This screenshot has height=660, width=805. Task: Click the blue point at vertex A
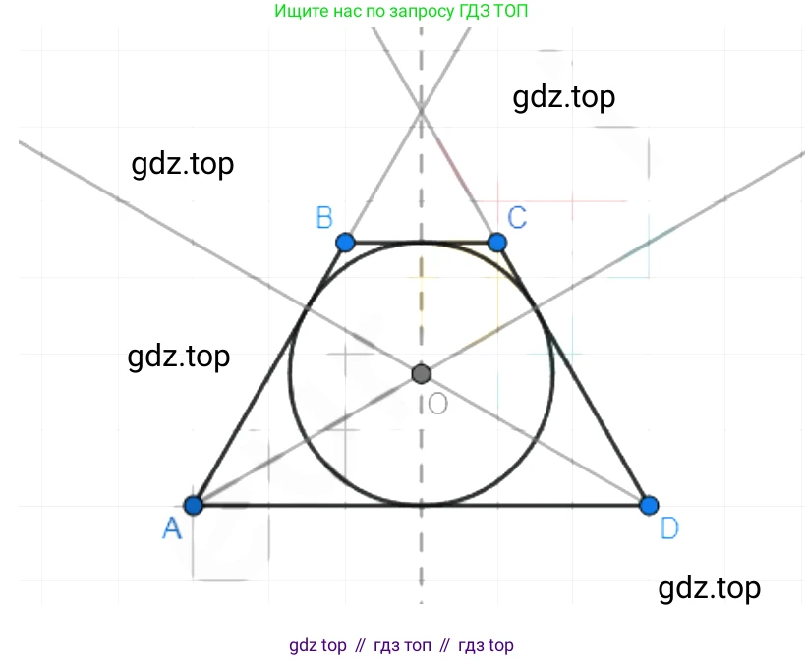click(x=194, y=505)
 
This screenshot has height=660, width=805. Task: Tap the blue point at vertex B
click(x=346, y=242)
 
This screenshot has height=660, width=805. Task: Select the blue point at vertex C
click(x=497, y=242)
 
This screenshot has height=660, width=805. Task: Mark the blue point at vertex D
click(x=649, y=505)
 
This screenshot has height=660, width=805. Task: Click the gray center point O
click(x=422, y=374)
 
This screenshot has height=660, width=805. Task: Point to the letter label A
click(x=172, y=528)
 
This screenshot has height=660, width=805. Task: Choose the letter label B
click(x=324, y=217)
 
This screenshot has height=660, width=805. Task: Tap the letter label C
click(x=517, y=217)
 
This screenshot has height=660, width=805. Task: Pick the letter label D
click(x=669, y=528)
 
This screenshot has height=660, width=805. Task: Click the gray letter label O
click(x=438, y=404)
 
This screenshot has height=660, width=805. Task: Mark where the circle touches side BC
click(x=422, y=242)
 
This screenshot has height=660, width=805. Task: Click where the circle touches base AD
click(x=422, y=505)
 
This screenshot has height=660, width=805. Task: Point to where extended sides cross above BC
click(x=422, y=110)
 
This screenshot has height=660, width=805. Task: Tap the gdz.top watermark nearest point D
click(x=709, y=588)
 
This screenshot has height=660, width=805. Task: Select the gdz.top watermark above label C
click(x=564, y=97)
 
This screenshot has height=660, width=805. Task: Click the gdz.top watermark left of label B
click(x=182, y=165)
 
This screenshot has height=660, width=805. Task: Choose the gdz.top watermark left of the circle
click(x=179, y=357)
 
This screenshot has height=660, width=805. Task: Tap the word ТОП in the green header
click(x=510, y=10)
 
